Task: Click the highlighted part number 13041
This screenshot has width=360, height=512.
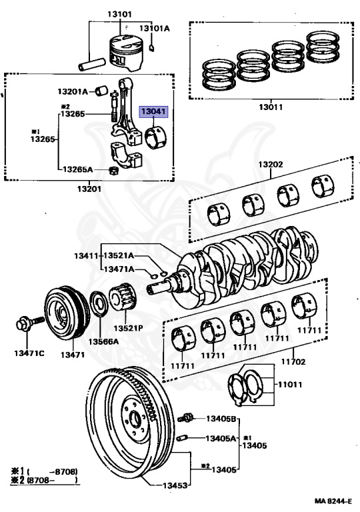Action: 153,113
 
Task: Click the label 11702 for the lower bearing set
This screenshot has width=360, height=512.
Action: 291,361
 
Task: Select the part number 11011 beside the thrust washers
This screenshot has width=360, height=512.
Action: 291,385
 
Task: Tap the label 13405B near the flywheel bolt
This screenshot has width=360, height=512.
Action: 221,419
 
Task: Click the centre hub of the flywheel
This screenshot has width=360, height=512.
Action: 135,419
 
